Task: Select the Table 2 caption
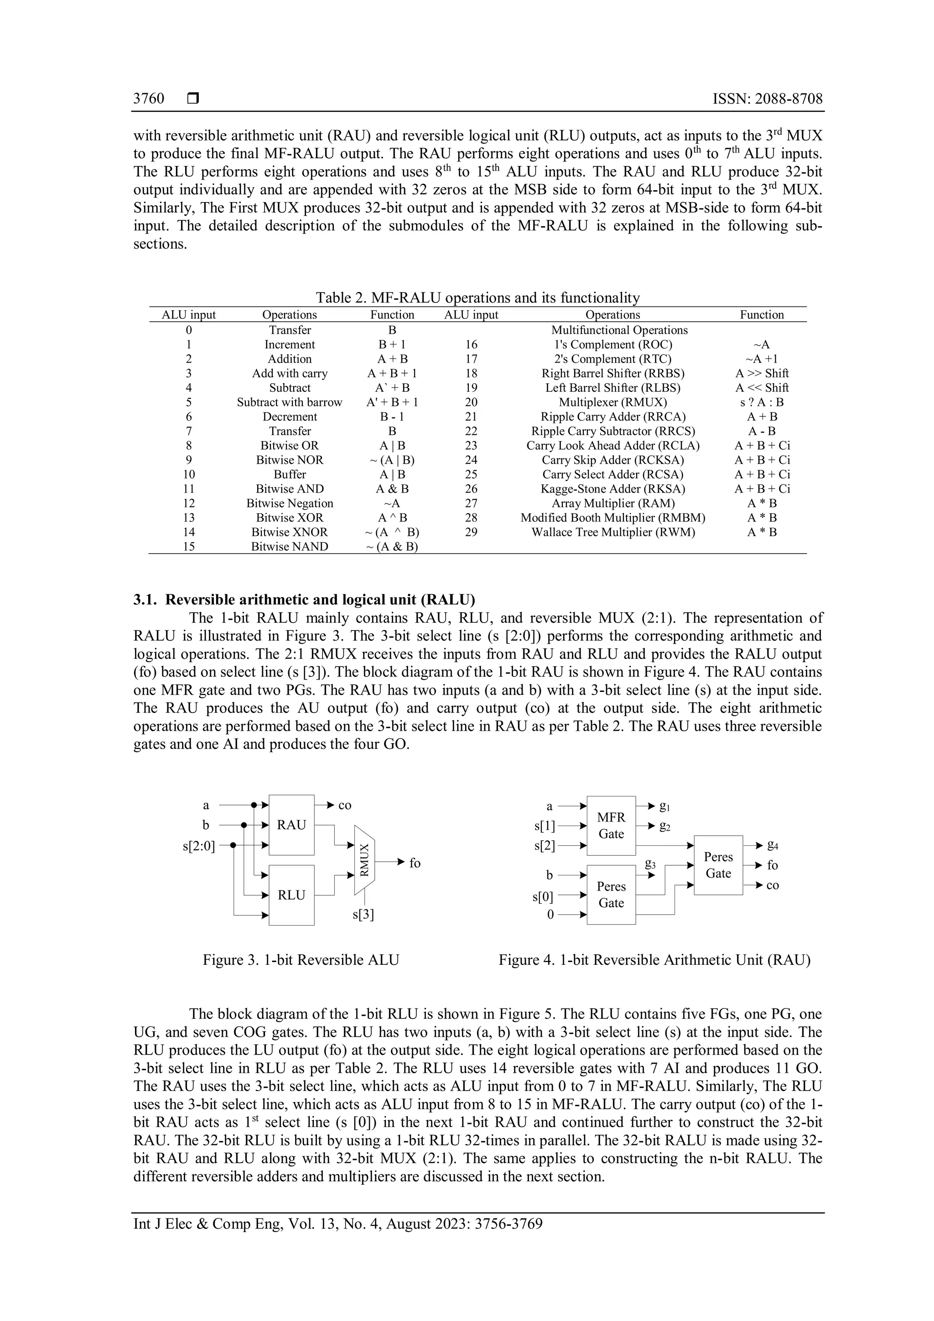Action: click(477, 297)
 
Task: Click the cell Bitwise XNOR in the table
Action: click(289, 532)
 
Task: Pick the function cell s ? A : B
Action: click(762, 402)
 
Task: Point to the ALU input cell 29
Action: click(471, 532)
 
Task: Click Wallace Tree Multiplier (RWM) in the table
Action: click(612, 532)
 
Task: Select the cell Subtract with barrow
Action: click(289, 402)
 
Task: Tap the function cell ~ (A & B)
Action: click(392, 546)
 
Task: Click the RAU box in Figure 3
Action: click(291, 825)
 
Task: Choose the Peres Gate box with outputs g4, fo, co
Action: click(718, 865)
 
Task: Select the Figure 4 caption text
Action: click(654, 960)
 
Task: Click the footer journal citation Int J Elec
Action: click(337, 1223)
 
